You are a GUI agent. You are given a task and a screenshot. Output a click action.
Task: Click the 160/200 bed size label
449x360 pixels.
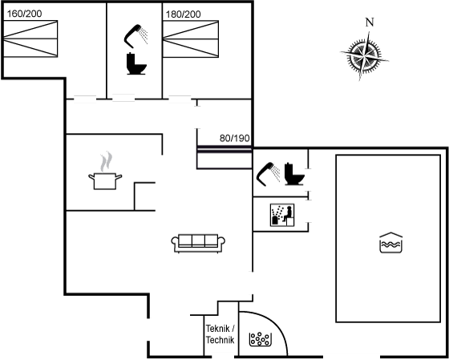[x=24, y=14]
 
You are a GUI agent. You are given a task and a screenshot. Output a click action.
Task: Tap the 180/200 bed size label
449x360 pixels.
[x=184, y=14]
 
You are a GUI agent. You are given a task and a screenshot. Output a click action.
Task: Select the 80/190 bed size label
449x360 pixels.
[x=234, y=139]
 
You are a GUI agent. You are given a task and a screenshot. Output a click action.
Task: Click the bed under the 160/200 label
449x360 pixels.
[x=30, y=38]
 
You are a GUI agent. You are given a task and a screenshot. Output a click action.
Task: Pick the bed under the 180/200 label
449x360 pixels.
[x=191, y=39]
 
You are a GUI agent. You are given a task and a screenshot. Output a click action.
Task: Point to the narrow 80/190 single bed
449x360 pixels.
[x=224, y=157]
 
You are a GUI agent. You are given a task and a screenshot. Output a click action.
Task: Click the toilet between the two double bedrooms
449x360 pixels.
[x=136, y=63]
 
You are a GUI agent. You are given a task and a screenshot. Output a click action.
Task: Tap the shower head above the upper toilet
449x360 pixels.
[x=136, y=36]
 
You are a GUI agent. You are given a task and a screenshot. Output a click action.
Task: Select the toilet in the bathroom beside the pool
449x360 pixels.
[x=294, y=174]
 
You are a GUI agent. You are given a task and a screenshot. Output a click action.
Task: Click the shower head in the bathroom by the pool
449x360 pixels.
[x=268, y=174]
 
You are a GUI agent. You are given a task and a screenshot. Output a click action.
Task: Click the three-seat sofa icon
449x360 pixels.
[x=198, y=244]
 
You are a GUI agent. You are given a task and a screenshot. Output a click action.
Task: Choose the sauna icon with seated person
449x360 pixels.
[x=282, y=215]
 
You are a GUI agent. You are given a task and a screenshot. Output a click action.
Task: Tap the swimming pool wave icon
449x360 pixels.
[x=391, y=243]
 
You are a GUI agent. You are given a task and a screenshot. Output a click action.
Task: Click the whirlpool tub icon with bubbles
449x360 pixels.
[x=260, y=339]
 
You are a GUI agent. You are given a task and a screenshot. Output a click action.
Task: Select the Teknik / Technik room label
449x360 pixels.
[x=220, y=334]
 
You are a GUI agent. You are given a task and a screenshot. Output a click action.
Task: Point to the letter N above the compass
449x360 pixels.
[x=370, y=22]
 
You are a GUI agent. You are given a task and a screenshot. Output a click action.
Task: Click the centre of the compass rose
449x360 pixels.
[x=364, y=56]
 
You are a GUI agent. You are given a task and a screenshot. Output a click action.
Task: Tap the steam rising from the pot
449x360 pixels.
[x=106, y=162]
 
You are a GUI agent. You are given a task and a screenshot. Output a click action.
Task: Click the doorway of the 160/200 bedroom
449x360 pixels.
[x=85, y=99]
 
